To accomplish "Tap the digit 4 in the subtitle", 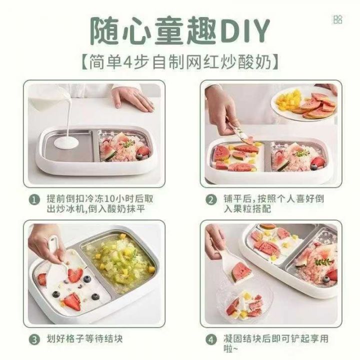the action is [x=127, y=62].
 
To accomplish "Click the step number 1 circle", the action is [x=34, y=200].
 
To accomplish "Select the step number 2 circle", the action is [x=211, y=200].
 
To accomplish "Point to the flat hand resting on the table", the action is [x=132, y=98].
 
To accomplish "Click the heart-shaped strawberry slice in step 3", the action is [x=75, y=275].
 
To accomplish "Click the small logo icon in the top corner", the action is [x=338, y=19].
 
